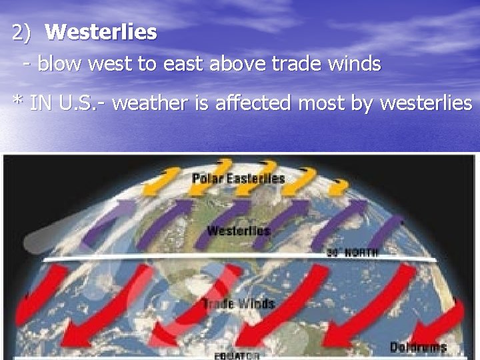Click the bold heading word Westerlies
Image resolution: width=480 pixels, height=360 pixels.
tap(101, 32)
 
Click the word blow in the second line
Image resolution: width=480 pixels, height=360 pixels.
tap(57, 64)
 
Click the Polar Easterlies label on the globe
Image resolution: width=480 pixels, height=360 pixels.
tap(238, 179)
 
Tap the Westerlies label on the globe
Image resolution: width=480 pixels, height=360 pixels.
tap(238, 231)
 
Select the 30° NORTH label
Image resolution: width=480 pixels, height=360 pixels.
tap(353, 253)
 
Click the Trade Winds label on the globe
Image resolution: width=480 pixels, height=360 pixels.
tap(238, 304)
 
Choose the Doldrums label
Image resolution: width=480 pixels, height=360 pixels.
tap(418, 347)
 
